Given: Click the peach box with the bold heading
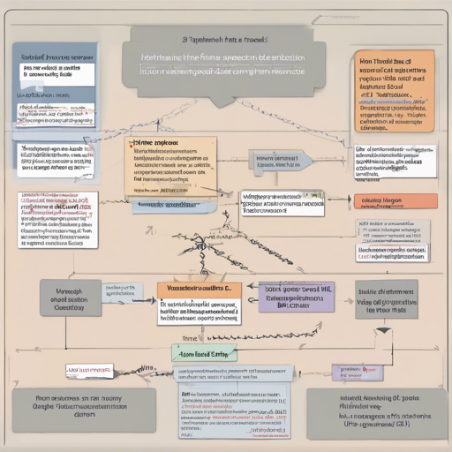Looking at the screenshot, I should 170,163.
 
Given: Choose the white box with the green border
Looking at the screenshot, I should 281,202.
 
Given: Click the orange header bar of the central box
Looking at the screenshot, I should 199,288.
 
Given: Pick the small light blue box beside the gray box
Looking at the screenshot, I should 120,293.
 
